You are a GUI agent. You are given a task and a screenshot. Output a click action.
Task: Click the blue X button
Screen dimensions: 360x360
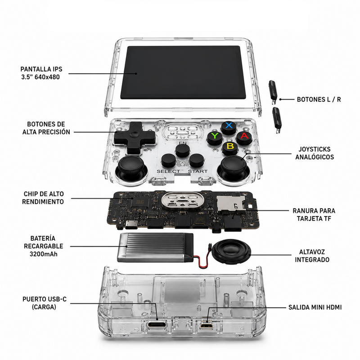[229, 128]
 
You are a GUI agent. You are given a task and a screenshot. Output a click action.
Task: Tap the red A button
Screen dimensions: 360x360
[244, 138]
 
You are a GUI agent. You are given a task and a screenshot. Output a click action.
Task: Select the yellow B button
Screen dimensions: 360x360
[230, 148]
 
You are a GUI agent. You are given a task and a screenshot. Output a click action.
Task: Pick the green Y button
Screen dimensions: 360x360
[215, 138]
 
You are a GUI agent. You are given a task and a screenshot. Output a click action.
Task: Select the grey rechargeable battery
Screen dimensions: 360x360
[155, 248]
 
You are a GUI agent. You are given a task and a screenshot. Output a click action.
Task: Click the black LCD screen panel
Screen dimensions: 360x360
[183, 72]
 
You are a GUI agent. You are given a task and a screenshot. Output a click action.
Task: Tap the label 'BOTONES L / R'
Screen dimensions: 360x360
[319, 99]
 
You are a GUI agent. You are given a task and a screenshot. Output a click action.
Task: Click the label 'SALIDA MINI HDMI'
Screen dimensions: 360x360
[315, 307]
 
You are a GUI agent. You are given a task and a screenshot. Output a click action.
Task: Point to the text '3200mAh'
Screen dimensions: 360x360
[43, 254]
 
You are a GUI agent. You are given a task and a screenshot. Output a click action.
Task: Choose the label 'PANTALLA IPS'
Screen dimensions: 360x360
[41, 69]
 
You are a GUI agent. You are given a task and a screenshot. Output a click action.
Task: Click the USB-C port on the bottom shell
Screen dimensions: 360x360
[157, 324]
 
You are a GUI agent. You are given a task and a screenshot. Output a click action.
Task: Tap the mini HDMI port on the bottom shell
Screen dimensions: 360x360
[206, 325]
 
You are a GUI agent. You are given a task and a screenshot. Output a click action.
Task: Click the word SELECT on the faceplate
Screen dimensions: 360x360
[168, 171]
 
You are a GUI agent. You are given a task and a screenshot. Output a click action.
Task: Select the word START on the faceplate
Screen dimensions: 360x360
[198, 171]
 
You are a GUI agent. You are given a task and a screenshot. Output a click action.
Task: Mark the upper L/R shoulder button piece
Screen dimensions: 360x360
[274, 92]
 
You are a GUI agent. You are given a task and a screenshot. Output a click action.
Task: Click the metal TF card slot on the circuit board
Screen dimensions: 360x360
[231, 203]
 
